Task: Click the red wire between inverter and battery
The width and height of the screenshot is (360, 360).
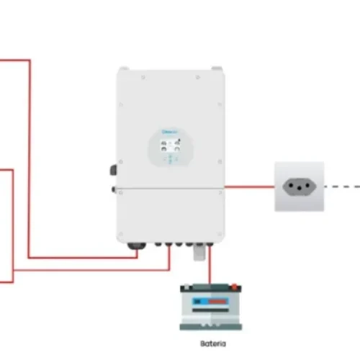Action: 210,268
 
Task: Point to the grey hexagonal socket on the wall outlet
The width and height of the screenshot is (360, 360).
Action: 300,186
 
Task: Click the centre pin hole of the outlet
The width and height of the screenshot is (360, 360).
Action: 300,186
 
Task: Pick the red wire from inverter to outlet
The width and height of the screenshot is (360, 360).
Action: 249,186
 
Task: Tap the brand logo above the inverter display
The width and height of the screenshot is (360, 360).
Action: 169,132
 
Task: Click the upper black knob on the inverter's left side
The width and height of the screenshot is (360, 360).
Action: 114,171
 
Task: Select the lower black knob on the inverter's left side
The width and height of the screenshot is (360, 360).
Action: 114,189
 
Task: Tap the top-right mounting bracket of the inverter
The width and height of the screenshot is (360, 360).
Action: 215,68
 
